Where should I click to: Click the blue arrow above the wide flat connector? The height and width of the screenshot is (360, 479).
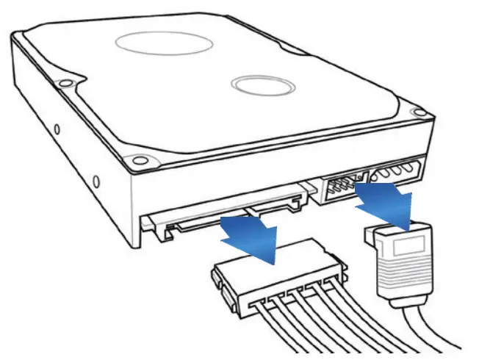coord(251,237)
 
